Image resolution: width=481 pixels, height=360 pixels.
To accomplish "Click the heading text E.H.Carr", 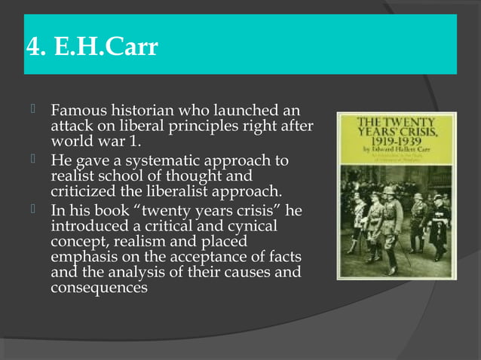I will click(x=106, y=47).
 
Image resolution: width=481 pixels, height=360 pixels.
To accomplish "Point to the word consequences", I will click(x=98, y=287).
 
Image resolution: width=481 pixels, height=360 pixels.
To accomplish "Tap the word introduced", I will click(x=87, y=226).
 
